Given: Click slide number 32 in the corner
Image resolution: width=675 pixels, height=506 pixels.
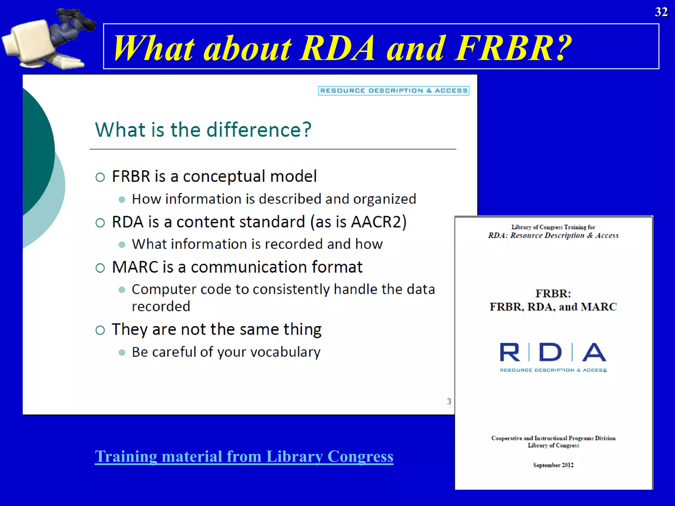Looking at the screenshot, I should (x=661, y=12).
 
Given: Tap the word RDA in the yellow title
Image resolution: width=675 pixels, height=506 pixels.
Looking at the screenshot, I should (x=337, y=48).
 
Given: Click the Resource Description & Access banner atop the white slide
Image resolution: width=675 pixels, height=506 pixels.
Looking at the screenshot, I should (x=394, y=91).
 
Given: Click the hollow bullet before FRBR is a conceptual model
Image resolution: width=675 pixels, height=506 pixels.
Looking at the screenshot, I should (x=100, y=177).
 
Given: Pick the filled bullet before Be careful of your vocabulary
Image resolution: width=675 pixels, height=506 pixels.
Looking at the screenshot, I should (x=122, y=352).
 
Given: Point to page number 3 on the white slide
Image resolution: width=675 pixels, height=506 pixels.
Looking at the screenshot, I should (x=449, y=401).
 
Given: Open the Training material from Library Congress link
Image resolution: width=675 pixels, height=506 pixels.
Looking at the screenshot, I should (x=244, y=456).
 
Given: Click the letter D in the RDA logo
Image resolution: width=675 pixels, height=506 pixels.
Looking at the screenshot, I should (x=550, y=352).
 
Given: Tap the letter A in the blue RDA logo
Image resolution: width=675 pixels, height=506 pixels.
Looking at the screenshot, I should (x=594, y=352).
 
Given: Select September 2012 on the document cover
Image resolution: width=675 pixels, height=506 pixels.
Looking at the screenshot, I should (x=553, y=465).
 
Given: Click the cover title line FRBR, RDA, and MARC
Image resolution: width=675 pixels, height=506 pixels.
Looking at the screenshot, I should (x=553, y=307).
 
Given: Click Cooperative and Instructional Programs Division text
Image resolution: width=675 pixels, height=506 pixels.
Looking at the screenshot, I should (x=553, y=438).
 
